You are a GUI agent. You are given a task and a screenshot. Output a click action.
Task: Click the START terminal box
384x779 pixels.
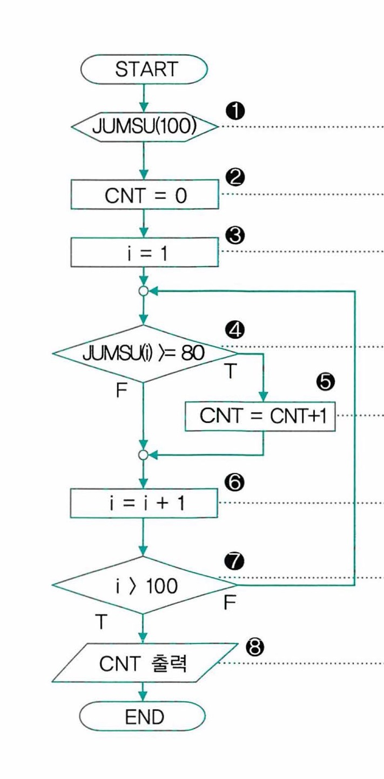click(x=144, y=69)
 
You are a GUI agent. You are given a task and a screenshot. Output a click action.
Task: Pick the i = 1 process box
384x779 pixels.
click(x=144, y=253)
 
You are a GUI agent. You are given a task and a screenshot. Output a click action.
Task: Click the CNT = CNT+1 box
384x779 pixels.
click(x=260, y=417)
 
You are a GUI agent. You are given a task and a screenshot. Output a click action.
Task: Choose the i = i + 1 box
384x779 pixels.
click(x=144, y=504)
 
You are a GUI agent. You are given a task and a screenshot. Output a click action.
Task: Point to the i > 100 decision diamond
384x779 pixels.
click(x=144, y=585)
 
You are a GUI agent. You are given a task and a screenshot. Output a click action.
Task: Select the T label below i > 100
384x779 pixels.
click(x=101, y=622)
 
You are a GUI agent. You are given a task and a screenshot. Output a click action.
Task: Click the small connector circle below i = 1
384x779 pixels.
click(x=144, y=291)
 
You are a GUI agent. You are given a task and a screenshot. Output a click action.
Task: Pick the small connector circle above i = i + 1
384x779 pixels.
click(x=144, y=455)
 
